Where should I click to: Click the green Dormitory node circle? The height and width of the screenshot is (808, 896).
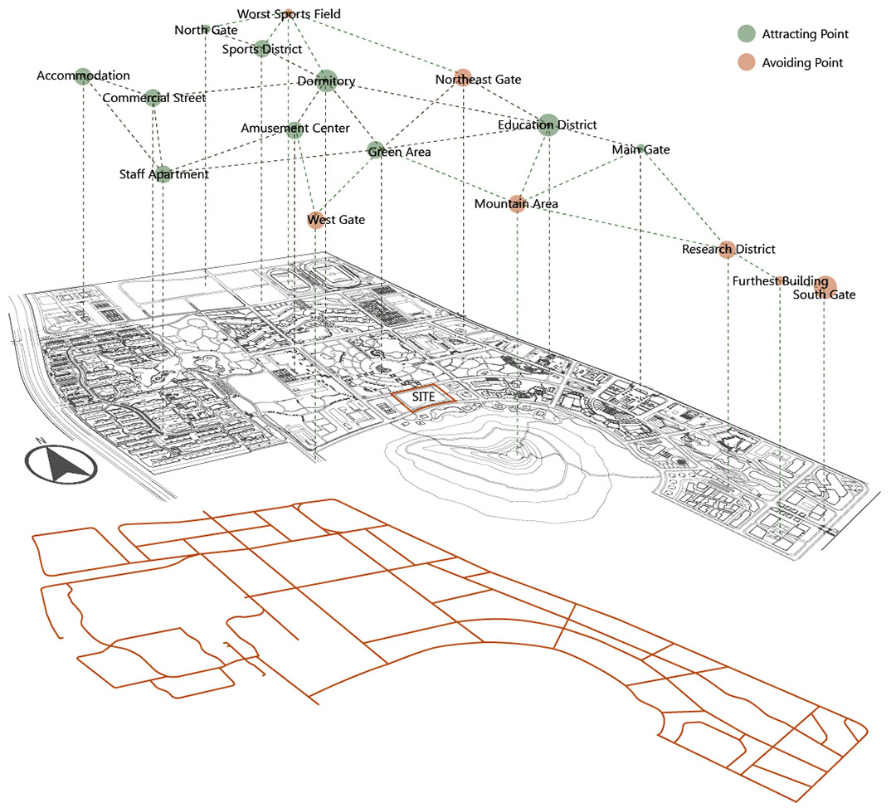326,81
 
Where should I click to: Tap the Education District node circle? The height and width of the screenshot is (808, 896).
548,125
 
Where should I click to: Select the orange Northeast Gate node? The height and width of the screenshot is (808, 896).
463,78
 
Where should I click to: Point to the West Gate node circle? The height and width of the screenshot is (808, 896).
315,221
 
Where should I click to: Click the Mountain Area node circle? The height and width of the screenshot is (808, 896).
517,204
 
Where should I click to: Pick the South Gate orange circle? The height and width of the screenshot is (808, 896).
825,287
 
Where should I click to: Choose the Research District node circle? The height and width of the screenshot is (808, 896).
727,250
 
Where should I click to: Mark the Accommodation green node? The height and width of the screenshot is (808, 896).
84,76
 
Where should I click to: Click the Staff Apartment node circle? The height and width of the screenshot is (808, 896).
163,174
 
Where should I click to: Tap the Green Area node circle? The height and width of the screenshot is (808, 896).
376,149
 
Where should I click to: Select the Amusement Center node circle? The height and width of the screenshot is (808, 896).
295,130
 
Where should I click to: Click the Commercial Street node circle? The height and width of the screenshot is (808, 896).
153,98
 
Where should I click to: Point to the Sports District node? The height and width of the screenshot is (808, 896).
261,49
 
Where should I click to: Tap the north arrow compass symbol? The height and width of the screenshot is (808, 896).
61,463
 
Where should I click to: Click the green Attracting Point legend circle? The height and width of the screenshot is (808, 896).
747,34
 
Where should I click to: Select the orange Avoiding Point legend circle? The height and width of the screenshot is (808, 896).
747,62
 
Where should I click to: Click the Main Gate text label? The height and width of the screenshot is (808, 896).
640,149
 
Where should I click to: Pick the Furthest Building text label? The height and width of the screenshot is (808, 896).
780,281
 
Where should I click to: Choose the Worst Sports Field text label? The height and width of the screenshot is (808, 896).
289,14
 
